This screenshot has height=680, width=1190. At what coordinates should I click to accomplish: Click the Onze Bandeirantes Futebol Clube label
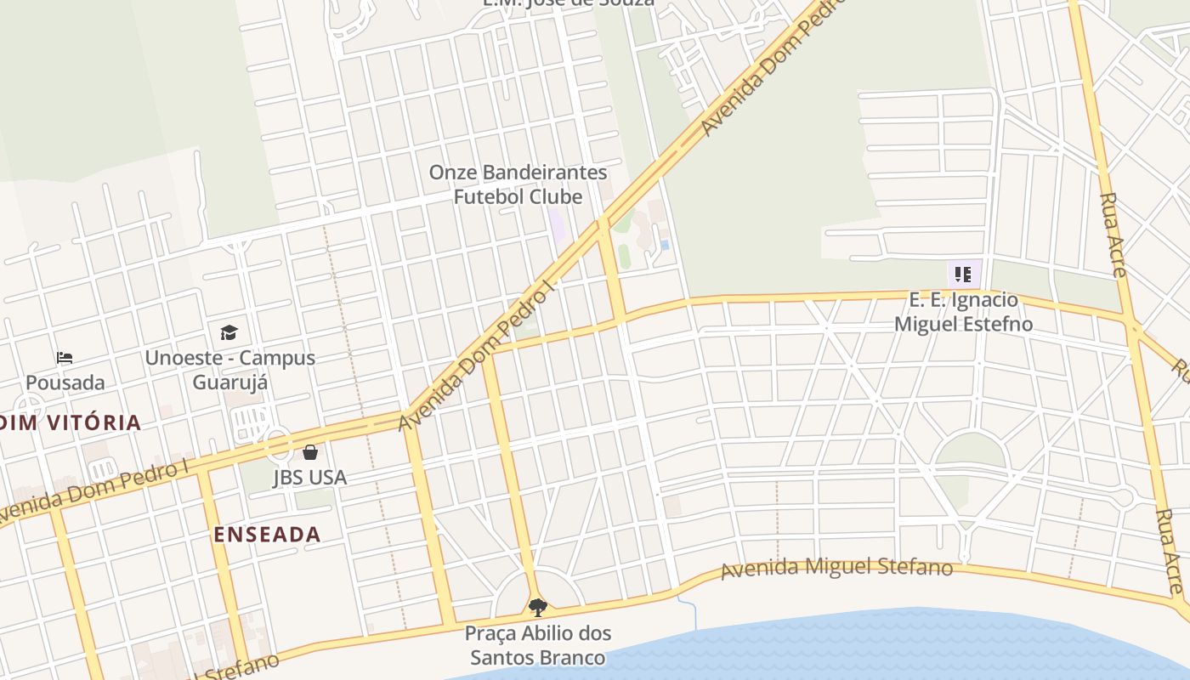tap(518, 184)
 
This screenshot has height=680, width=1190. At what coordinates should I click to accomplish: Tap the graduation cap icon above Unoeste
tap(229, 332)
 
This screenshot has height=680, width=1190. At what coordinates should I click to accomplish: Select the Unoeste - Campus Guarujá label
tap(229, 370)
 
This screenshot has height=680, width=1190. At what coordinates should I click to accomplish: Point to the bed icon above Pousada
tap(65, 358)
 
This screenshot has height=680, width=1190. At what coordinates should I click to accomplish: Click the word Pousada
tap(65, 382)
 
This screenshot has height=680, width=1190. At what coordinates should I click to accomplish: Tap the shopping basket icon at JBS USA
tap(310, 452)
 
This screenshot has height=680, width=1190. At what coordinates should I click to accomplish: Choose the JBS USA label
tap(310, 477)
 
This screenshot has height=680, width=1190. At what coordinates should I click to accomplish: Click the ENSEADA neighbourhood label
tap(267, 535)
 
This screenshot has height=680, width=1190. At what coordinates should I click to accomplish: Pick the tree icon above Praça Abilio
tap(537, 608)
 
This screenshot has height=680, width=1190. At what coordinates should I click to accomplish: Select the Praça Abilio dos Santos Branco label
tap(538, 645)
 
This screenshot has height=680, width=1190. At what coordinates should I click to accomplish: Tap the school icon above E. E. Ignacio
tap(963, 275)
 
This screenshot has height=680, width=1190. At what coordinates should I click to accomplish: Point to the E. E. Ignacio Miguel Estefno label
tap(964, 312)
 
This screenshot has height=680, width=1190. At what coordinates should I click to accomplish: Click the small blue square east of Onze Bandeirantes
tap(665, 245)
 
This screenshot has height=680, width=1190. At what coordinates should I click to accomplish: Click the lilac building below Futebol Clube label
tap(557, 224)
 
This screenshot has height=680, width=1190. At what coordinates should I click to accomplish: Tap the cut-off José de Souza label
tap(569, 3)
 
